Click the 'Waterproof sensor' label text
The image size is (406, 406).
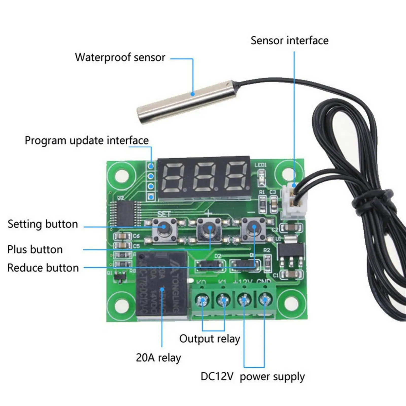click(x=120, y=57)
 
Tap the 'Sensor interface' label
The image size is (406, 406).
click(x=290, y=41)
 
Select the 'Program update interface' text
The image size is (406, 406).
click(x=87, y=140)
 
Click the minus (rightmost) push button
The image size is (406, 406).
click(x=253, y=229)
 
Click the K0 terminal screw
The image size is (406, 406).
click(x=202, y=301)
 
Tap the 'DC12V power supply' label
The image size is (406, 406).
click(x=252, y=376)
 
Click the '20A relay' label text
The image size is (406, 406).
click(x=158, y=358)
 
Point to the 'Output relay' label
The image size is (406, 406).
click(x=209, y=339)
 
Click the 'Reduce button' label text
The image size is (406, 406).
click(x=43, y=268)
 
